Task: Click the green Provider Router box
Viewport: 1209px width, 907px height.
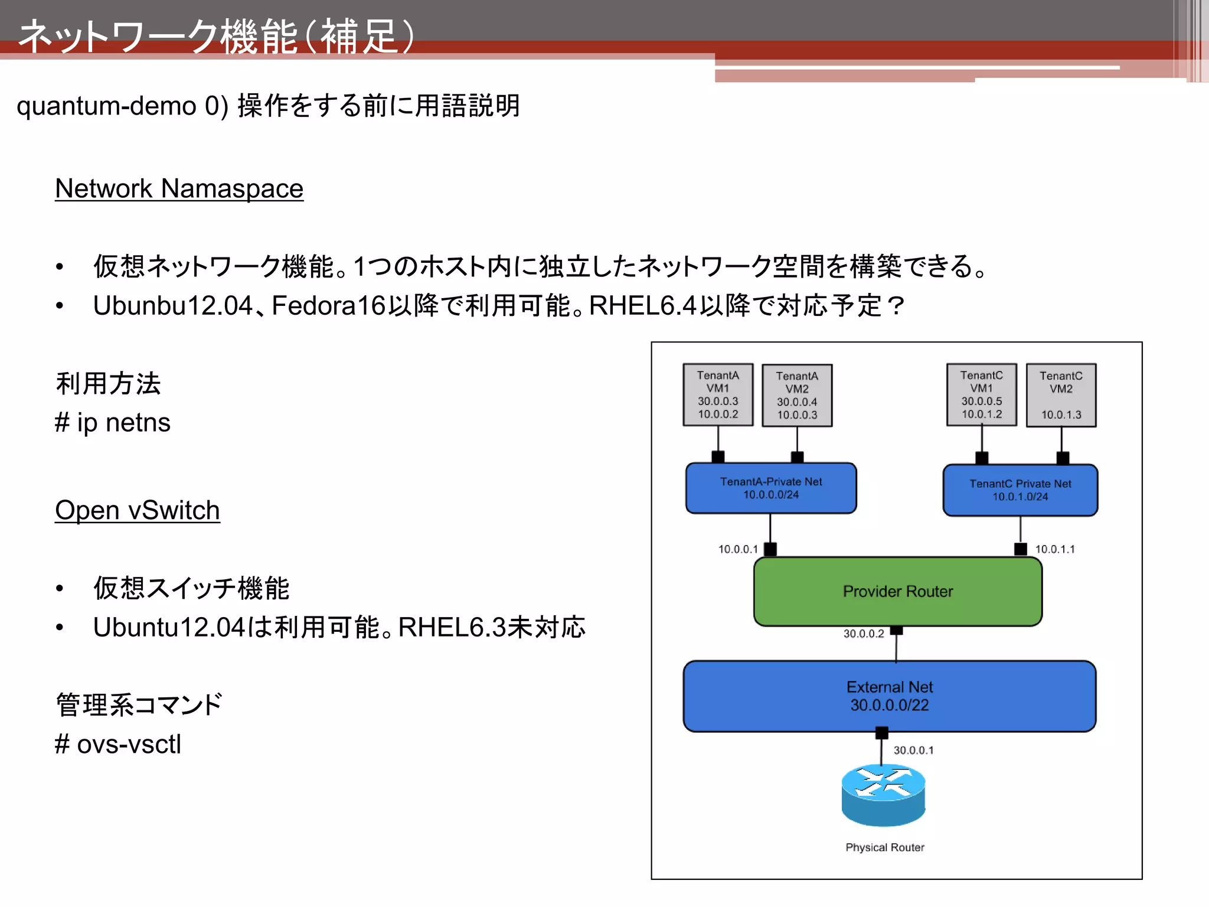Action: [x=897, y=591]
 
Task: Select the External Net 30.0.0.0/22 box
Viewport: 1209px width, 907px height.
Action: [x=889, y=696]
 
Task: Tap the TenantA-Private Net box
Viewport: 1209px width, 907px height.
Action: [x=770, y=488]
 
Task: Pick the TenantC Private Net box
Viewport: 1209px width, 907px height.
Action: [x=1020, y=490]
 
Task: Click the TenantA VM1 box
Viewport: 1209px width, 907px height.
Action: [x=718, y=394]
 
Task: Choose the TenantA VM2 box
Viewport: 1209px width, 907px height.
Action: [x=797, y=395]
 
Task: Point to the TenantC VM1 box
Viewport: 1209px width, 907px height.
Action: [x=981, y=394]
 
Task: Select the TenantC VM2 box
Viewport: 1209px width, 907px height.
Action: [x=1061, y=395]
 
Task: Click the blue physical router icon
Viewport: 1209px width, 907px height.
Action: [x=883, y=794]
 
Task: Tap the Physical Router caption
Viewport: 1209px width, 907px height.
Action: [x=884, y=847]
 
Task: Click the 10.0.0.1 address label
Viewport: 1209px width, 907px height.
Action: [x=737, y=549]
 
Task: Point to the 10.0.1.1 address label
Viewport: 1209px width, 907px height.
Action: [x=1055, y=549]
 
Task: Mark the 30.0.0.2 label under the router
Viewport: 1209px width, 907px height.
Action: [x=863, y=634]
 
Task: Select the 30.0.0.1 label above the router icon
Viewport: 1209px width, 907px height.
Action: [x=913, y=750]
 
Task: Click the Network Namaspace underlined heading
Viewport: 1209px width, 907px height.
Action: [x=179, y=189]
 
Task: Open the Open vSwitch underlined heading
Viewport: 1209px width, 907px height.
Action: [x=137, y=510]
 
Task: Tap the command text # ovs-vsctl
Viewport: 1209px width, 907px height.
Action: [x=117, y=744]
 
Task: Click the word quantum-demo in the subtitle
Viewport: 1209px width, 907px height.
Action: [x=106, y=106]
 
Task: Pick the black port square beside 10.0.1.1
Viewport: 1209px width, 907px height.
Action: [x=1020, y=549]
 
